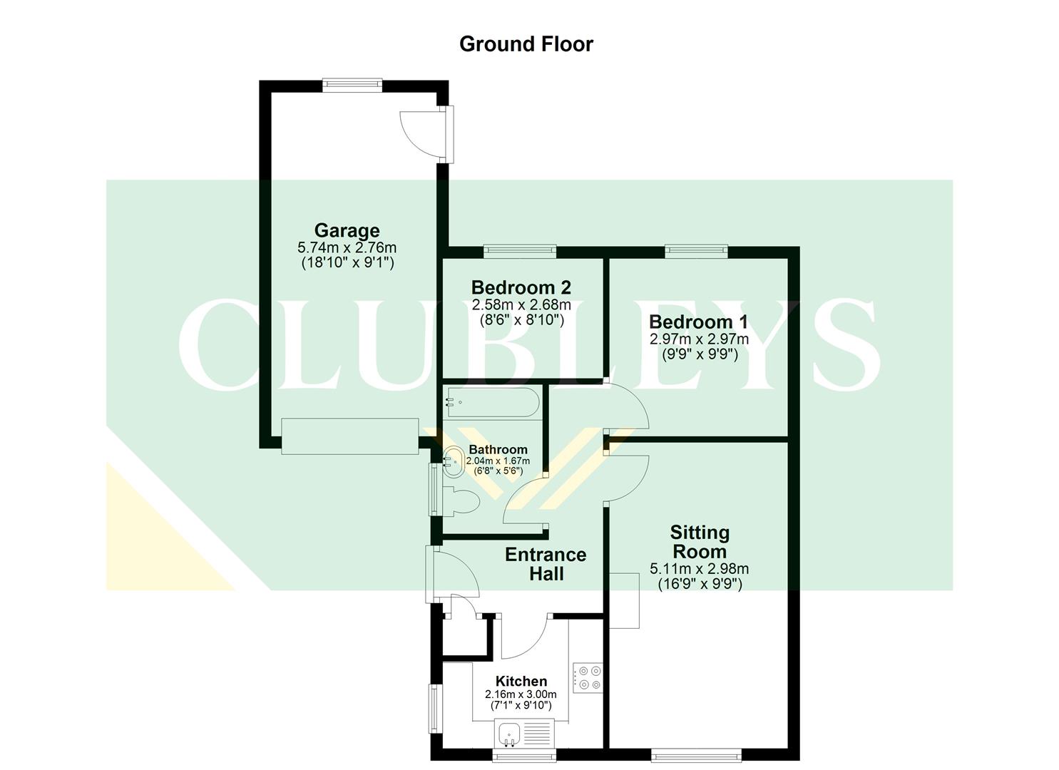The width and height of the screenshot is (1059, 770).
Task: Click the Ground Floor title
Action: pos(526,44)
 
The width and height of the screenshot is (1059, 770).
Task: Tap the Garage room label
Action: pos(347,230)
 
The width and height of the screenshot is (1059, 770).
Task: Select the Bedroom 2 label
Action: pos(521,287)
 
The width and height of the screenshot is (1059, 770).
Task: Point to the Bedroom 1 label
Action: pos(698,322)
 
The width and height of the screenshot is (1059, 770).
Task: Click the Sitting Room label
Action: pos(699,542)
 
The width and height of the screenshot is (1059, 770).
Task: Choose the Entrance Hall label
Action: pos(546,564)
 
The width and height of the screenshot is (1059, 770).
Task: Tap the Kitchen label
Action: pos(521,681)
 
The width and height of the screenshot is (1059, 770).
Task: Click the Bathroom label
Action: pos(498,449)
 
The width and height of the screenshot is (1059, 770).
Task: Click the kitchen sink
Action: pos(509,732)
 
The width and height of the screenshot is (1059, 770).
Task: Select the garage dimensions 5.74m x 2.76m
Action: pos(347,248)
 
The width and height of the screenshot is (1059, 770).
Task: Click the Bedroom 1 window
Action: pos(696,250)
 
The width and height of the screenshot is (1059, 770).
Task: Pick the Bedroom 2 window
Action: pos(519,250)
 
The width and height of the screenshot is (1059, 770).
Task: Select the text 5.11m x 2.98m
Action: pos(699,569)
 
